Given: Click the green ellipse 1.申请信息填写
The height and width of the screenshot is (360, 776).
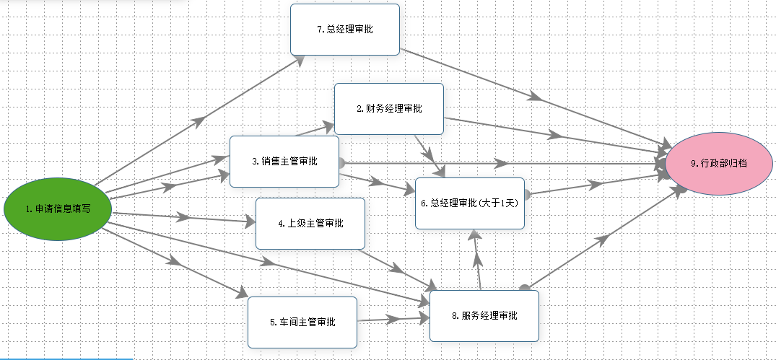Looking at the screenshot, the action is coord(58,209).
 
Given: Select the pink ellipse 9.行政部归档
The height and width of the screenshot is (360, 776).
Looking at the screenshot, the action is coord(718,164).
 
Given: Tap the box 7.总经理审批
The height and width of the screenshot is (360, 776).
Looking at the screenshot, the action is coord(345,29).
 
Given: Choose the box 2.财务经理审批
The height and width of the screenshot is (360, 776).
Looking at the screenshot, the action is coord(389,109).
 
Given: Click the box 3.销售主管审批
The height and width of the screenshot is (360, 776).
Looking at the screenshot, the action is coord(284,161).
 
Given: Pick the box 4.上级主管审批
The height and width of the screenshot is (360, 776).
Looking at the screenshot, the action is coord(310,224).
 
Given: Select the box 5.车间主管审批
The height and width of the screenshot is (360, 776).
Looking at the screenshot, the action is coord(302,322).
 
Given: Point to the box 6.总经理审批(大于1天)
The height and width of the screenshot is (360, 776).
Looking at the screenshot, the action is coord(470,203).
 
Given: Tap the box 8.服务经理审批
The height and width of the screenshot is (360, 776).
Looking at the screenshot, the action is coord(484,316).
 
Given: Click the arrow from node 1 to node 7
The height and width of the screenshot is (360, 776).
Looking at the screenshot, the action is coord(199,120).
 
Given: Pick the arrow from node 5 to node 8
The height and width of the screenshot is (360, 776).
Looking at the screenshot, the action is coord(393,320).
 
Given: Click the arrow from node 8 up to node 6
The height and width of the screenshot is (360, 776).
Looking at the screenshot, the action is coord(477,260).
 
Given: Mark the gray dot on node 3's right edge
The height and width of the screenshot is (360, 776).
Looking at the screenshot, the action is coord(341,162).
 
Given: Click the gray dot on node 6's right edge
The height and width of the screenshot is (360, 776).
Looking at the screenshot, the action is coord(526,194).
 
